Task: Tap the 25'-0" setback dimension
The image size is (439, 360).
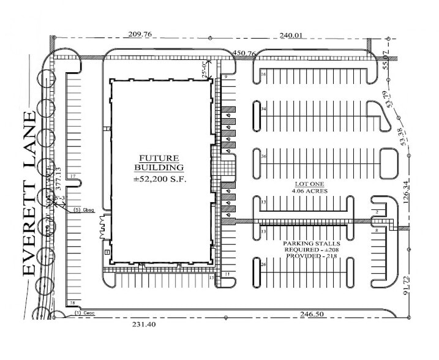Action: click(x=203, y=68)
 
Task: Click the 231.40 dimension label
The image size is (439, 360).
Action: click(x=140, y=324)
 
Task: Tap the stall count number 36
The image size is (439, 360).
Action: click(x=263, y=156)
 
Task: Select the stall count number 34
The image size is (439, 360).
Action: click(x=263, y=109)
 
